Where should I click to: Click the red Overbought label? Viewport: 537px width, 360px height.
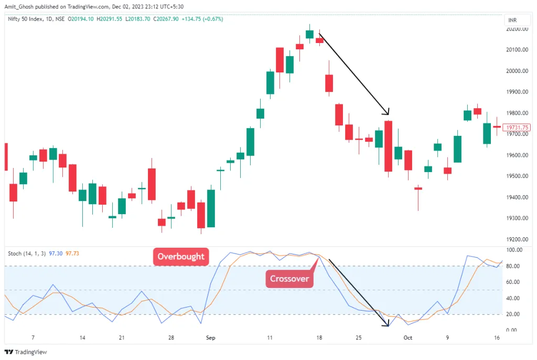[181, 257]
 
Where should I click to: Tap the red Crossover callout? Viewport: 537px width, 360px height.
[289, 279]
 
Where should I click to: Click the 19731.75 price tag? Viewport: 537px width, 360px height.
[516, 128]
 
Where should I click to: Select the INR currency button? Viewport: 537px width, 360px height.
[512, 20]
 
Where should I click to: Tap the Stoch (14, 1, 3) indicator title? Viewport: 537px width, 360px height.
[26, 253]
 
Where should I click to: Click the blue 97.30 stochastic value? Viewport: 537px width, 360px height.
[56, 253]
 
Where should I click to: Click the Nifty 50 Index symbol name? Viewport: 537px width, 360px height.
[28, 19]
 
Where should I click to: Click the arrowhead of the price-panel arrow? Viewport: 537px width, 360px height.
[388, 112]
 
